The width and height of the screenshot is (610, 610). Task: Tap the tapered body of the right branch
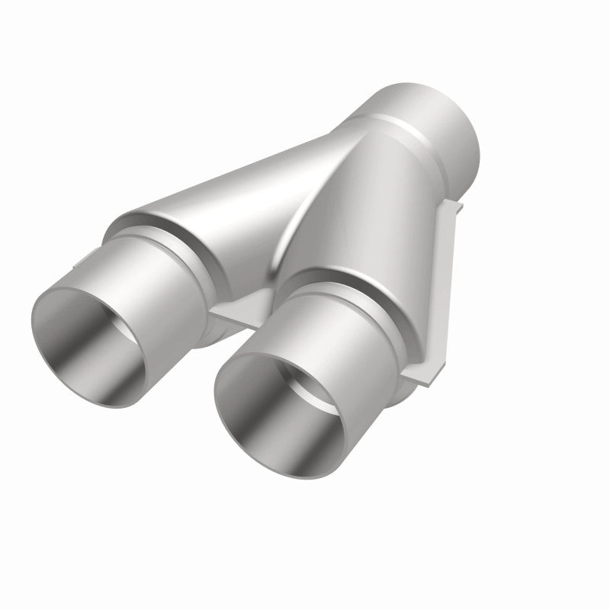click(366, 229)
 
